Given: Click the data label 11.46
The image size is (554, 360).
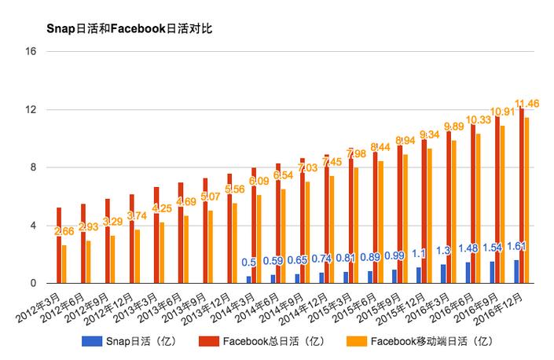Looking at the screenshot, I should point(528,103).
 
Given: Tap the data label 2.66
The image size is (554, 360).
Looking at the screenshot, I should point(65,231).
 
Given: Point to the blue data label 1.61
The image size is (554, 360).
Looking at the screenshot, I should point(519,246).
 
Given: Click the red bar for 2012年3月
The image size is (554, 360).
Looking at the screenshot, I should point(59,245).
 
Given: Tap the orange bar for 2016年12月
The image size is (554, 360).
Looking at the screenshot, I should point(527,200).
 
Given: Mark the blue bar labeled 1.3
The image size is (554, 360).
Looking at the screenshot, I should point(443,274).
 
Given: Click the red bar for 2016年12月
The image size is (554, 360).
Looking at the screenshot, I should point(522,196).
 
